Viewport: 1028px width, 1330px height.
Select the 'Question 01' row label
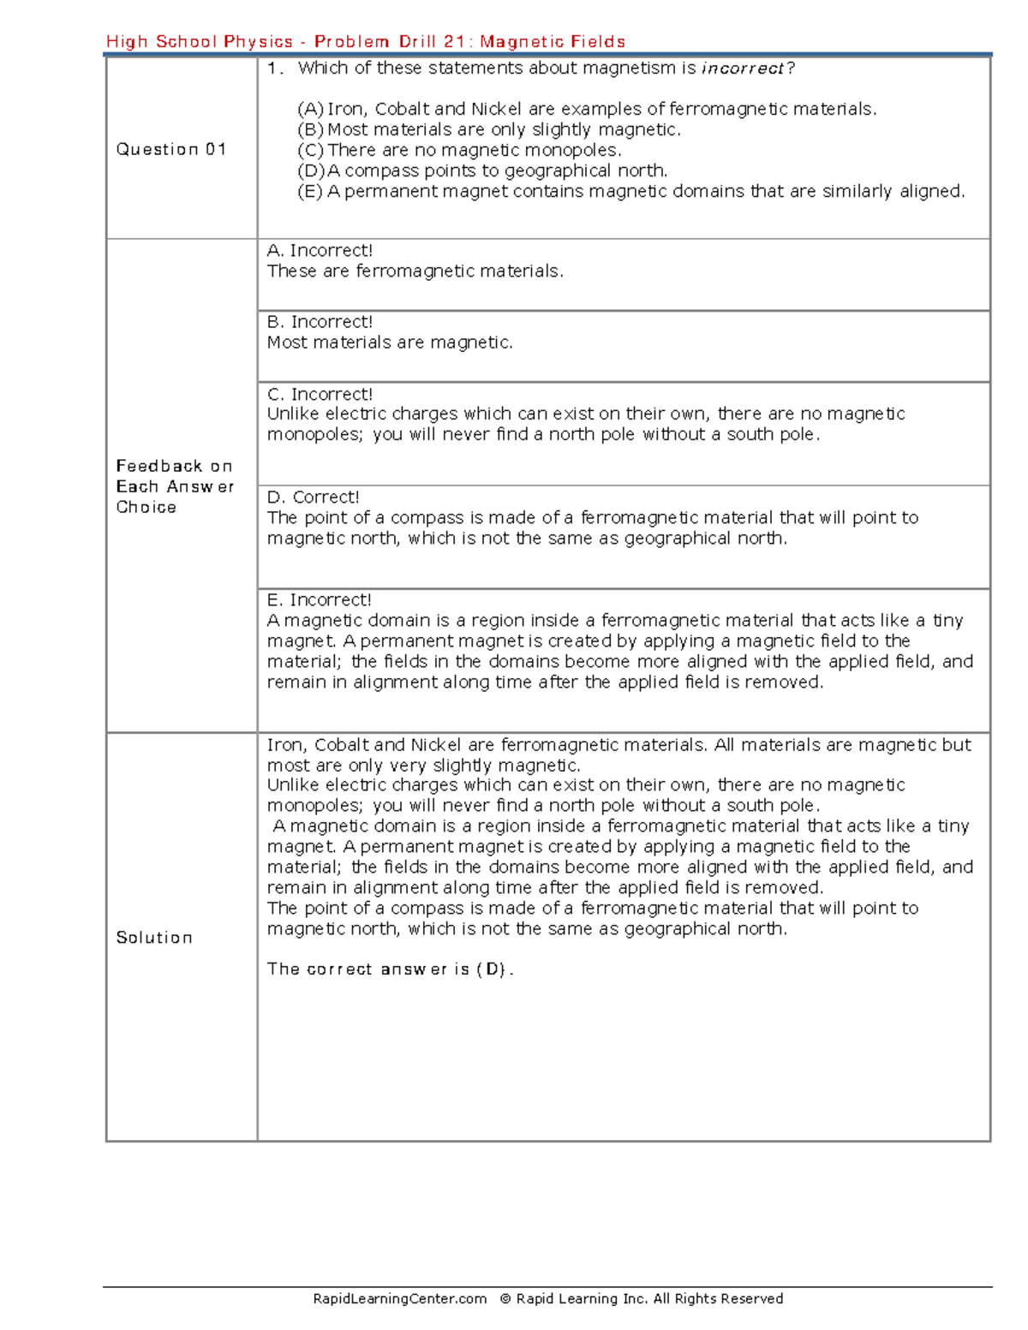point(171,149)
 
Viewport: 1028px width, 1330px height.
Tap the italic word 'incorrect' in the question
point(743,69)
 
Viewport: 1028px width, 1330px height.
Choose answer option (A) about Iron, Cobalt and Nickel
point(587,109)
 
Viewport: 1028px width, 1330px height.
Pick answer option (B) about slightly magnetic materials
point(488,129)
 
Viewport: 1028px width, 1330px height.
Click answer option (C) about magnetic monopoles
point(459,150)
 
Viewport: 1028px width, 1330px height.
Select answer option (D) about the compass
point(482,170)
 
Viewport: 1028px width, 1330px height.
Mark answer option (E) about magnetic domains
point(631,191)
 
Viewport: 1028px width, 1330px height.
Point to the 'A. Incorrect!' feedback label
point(320,250)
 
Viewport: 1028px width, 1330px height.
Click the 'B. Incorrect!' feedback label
point(320,322)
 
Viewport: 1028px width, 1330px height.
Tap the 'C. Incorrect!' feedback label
point(320,394)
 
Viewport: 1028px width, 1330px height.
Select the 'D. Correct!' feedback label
point(313,497)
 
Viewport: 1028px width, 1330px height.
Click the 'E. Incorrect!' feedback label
point(319,599)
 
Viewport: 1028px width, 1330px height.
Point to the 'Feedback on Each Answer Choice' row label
point(175,486)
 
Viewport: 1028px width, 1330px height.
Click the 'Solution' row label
point(154,938)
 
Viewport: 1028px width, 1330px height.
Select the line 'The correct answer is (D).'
point(390,969)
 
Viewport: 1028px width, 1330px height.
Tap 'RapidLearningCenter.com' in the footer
point(399,1298)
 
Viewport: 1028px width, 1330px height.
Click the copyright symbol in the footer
point(505,1298)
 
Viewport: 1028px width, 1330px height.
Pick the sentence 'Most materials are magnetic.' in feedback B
point(390,343)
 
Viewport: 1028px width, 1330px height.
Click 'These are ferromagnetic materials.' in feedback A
point(415,271)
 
